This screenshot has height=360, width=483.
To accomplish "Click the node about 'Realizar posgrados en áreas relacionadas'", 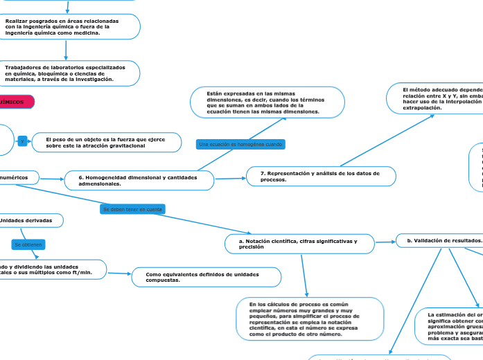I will click(x=69, y=26).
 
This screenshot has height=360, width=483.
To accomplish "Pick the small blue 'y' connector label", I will click(x=22, y=141).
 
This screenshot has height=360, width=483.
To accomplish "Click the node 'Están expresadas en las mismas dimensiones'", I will click(x=267, y=102).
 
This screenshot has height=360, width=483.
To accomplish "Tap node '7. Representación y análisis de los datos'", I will click(x=320, y=176).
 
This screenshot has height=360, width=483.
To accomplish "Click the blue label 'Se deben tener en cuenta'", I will click(x=133, y=208).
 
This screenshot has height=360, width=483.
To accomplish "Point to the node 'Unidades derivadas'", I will click(x=31, y=220).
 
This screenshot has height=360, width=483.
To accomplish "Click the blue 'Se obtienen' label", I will click(x=28, y=244).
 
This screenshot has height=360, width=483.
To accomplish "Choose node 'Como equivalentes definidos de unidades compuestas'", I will click(x=206, y=277).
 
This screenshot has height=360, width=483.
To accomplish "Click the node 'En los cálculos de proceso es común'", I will click(x=309, y=318).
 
